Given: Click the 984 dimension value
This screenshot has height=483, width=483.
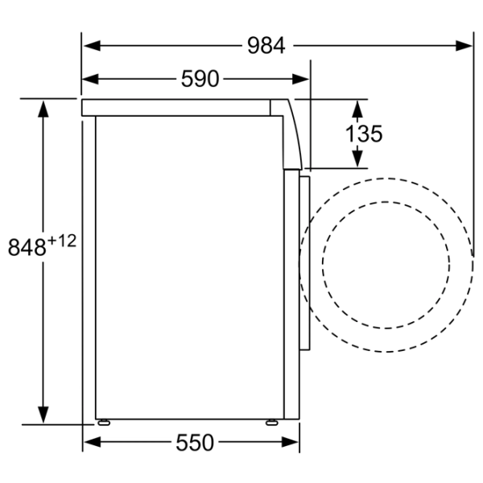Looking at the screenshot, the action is point(266,46).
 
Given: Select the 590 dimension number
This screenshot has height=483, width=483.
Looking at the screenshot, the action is point(200,79).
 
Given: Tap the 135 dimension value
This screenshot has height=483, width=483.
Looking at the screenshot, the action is point(364,134).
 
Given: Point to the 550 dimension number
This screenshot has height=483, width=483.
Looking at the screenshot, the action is point(195,442).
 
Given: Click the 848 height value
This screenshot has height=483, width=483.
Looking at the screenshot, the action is point(27,247).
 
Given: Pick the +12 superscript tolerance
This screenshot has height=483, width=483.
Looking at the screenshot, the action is point(62,242).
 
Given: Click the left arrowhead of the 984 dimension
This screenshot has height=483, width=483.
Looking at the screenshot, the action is point(92,46).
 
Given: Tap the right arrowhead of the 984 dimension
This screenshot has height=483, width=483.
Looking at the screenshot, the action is point(464,46).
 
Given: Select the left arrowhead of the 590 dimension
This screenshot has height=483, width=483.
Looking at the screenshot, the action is point(90,79).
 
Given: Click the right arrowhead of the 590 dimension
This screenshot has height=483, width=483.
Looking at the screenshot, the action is point(300,79).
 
